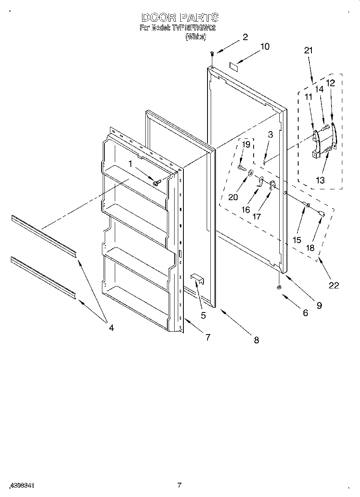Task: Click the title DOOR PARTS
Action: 179,17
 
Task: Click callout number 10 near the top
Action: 264,47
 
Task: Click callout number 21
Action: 308,51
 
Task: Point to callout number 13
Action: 320,180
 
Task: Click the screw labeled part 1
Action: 157,183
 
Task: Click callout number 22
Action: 334,285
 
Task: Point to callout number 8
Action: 256,340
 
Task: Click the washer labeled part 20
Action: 250,173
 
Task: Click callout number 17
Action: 256,216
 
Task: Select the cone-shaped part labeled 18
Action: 321,213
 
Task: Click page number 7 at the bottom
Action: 179,485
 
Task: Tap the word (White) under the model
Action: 196,37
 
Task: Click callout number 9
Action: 319,306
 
